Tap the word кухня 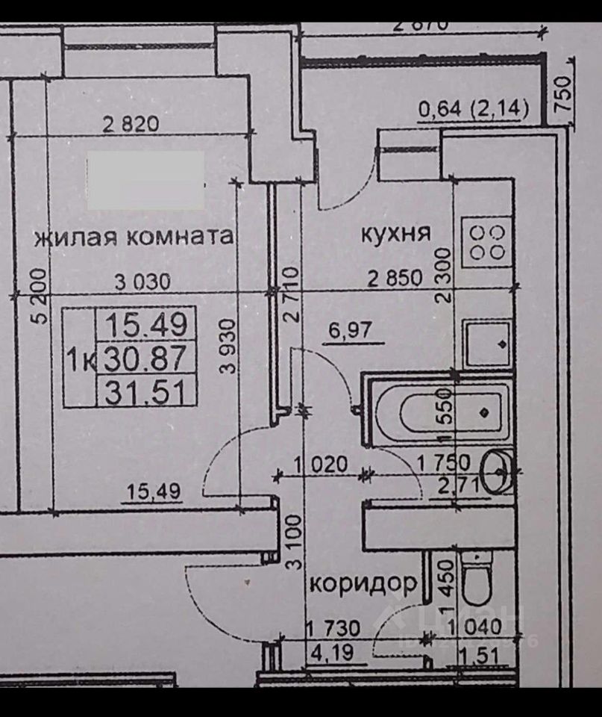point(396,233)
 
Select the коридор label point(363,584)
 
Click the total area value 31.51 point(147,392)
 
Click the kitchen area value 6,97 point(349,329)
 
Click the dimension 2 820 point(131,125)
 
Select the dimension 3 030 point(142,282)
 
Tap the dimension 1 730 point(333,629)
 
